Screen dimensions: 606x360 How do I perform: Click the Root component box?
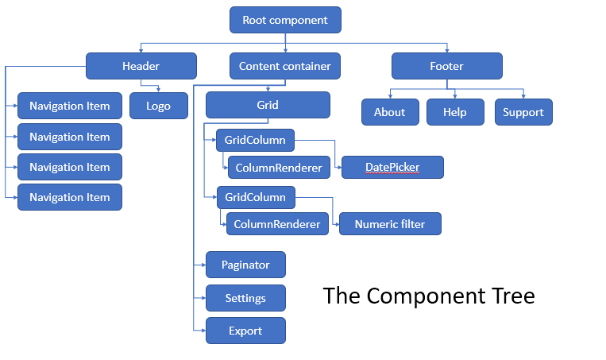point(285,20)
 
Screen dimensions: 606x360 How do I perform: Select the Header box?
point(141,66)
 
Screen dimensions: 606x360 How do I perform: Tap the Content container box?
point(285,66)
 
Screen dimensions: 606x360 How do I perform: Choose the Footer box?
point(447,66)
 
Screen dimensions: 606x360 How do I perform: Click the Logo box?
point(159,106)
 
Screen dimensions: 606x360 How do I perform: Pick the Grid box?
point(268,105)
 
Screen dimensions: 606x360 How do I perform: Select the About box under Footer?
point(390,112)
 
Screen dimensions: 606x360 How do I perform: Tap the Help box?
point(455,112)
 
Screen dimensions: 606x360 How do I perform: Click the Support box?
point(523,112)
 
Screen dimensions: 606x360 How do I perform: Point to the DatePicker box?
point(392,168)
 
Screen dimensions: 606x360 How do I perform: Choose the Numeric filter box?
point(390,224)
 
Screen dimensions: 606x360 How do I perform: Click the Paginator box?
point(245,265)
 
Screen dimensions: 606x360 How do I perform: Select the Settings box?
point(245,298)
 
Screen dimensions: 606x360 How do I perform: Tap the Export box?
point(245,331)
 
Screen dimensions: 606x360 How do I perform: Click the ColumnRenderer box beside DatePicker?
point(279,168)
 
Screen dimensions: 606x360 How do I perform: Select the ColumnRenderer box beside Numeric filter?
point(277,224)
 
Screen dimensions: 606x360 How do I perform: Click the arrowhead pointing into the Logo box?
point(158,90)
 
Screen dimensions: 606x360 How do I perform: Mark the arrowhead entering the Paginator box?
point(203,265)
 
